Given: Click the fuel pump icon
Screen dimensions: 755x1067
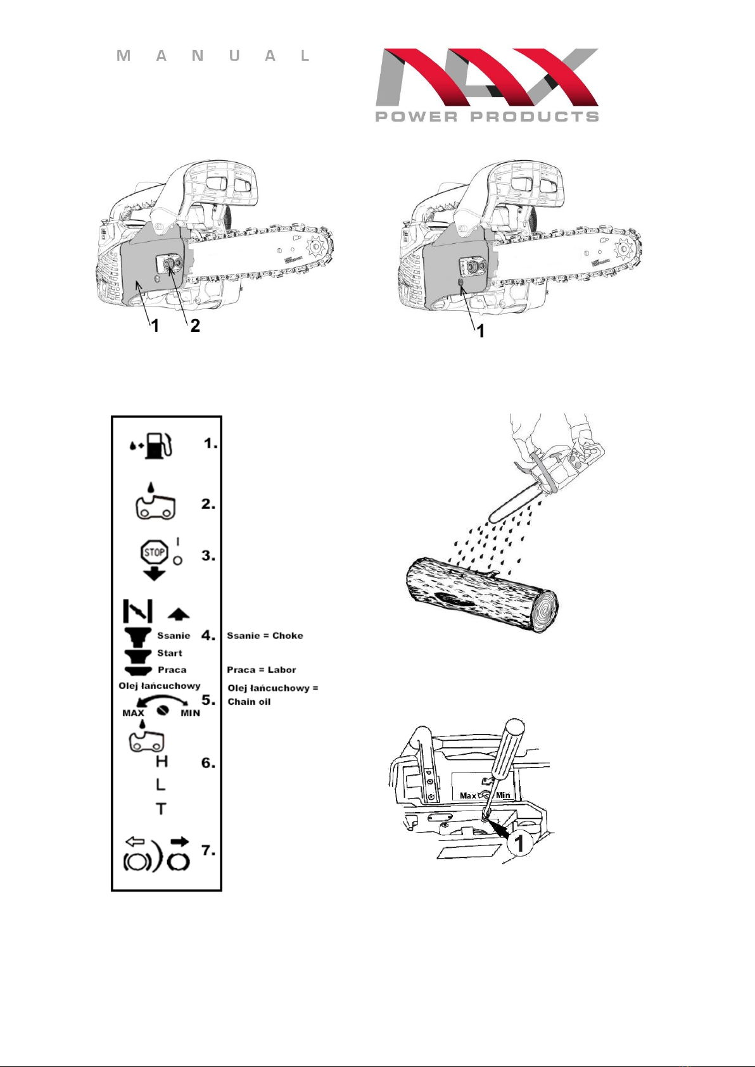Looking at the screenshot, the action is click(158, 446).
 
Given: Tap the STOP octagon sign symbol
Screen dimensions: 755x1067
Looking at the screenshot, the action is click(155, 553).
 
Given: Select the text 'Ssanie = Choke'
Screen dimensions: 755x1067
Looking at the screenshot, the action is click(265, 635).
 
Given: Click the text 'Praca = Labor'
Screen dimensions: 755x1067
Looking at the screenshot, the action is click(262, 670).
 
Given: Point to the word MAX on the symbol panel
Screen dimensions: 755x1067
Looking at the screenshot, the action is click(134, 713).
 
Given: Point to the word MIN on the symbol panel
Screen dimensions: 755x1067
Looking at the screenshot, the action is click(190, 713).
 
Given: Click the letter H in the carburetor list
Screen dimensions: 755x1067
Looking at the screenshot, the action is click(162, 762).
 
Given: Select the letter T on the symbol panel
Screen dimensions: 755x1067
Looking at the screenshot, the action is click(161, 809).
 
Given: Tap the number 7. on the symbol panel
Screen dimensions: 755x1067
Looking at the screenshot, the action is click(208, 850).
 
